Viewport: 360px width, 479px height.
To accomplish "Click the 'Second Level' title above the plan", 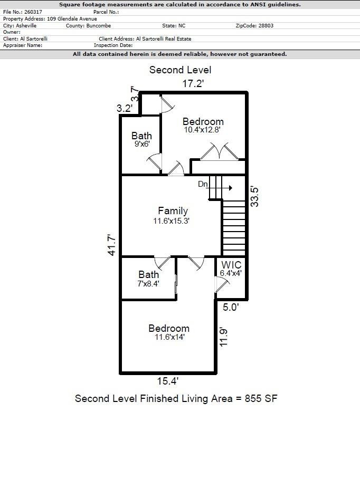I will [180, 70].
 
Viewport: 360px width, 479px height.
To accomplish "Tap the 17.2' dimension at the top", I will [193, 83].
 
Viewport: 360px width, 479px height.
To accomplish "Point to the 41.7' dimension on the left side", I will [112, 245].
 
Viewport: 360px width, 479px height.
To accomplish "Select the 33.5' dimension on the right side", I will [255, 196].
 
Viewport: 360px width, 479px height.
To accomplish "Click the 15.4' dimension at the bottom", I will [168, 381].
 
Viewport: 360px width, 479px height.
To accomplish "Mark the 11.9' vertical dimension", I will [224, 337].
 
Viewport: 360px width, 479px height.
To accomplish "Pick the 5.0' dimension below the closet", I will [230, 307].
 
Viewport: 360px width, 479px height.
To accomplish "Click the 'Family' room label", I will [173, 211].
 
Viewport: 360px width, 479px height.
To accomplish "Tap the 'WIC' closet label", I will [231, 265].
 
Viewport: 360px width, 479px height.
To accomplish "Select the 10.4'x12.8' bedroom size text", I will [202, 130].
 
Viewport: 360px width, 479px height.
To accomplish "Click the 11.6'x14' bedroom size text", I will [169, 337].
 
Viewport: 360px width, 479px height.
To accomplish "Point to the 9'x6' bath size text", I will [141, 143].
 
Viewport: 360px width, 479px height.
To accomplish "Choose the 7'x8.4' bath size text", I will [148, 283].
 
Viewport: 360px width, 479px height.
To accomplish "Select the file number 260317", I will [33, 12].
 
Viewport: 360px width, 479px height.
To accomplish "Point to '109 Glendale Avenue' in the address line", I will [72, 18].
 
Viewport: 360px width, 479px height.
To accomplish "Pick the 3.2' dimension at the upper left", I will [125, 108].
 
